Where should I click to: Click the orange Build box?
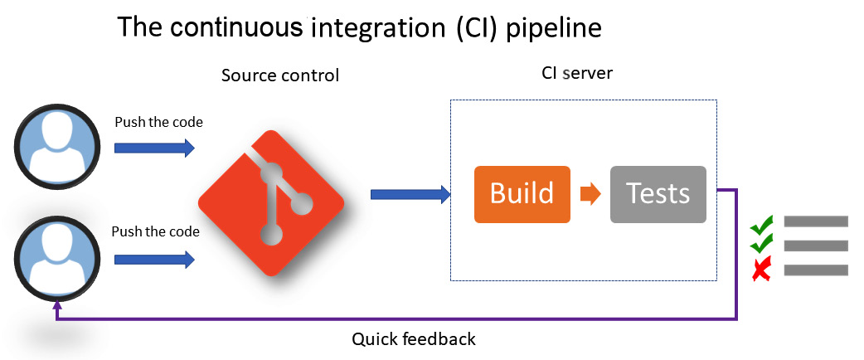pos(522,194)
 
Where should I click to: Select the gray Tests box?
pos(658,194)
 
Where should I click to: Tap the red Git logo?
pos(272,203)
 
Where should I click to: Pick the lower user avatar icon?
pos(57,259)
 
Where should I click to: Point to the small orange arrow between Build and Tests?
pos(590,194)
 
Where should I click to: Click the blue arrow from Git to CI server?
pos(410,194)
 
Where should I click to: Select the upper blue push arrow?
pos(154,148)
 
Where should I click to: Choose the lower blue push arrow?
pos(154,259)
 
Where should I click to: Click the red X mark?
pos(761,270)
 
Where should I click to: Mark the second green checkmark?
pos(761,243)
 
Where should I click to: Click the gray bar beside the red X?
pos(816,270)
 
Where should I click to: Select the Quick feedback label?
pos(414,338)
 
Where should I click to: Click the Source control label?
pos(280,75)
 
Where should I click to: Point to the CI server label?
pos(577,73)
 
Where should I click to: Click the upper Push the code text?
pos(158,123)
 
